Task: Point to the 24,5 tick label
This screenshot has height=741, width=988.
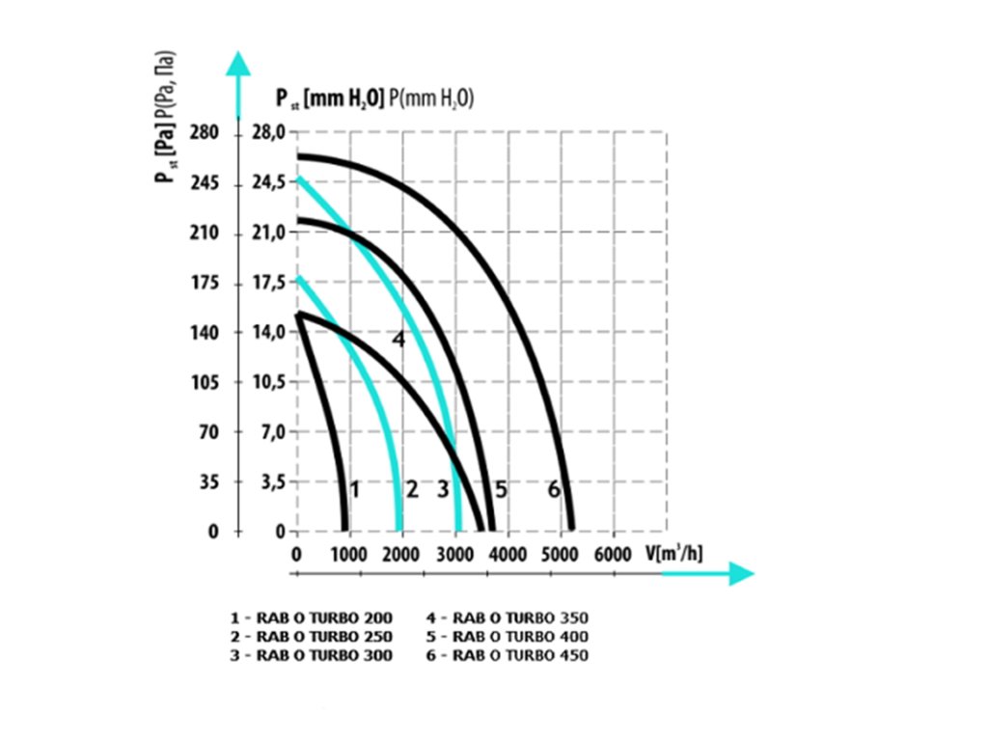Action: tap(267, 183)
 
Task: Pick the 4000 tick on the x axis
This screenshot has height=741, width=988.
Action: tap(508, 554)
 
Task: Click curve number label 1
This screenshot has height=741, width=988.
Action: tap(355, 490)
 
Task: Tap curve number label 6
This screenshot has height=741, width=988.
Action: tap(554, 490)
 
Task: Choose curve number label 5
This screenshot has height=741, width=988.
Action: tap(501, 490)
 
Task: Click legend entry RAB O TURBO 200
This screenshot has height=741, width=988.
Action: tap(312, 617)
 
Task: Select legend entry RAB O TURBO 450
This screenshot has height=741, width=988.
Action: tap(507, 655)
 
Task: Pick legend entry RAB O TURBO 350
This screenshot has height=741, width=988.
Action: tap(507, 617)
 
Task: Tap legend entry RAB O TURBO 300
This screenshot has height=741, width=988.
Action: tap(312, 655)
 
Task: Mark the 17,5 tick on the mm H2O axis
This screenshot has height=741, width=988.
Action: tap(267, 284)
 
